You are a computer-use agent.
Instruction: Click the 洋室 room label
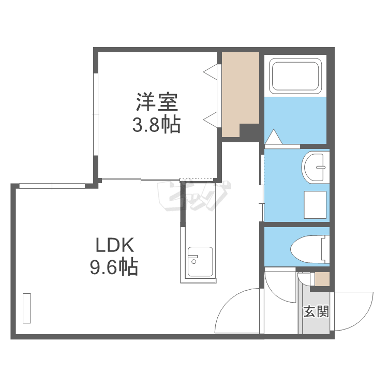[x=157, y=102]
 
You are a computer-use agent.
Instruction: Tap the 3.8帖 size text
[x=157, y=125]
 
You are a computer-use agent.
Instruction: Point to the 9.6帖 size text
[x=114, y=267]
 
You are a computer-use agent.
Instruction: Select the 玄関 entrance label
[x=316, y=311]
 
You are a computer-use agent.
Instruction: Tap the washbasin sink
[x=315, y=167]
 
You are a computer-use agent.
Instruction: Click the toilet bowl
[x=309, y=249]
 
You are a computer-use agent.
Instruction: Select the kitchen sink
[x=200, y=262]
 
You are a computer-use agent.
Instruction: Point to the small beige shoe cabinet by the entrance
[x=322, y=279]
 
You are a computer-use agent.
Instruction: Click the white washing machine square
[x=315, y=204]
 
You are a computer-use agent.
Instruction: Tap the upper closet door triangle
[x=211, y=71]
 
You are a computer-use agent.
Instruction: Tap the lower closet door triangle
[x=211, y=120]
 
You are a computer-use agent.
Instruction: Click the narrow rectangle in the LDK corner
[x=27, y=308]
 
